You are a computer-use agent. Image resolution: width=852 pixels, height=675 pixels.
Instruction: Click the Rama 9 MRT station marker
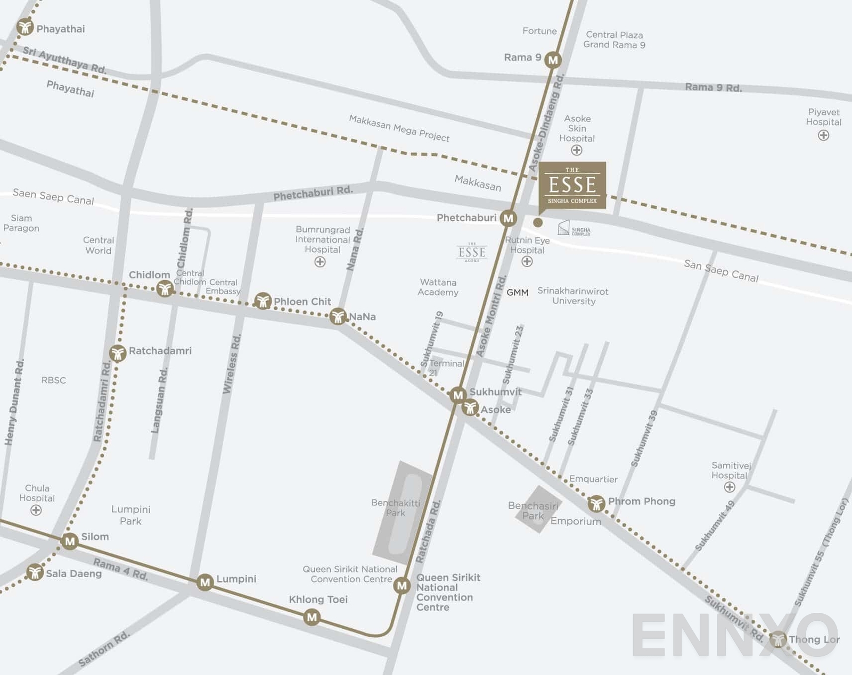553,60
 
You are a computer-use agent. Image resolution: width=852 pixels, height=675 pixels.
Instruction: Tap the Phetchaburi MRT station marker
509,218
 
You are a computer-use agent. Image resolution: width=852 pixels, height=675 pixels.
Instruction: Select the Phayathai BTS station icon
25,27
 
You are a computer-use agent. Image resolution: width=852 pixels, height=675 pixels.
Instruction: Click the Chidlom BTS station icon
165,288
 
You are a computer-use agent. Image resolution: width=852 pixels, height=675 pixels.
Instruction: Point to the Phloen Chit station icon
263,301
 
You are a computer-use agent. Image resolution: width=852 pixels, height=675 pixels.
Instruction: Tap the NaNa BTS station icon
338,316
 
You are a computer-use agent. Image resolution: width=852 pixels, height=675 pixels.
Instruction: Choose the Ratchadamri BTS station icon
118,353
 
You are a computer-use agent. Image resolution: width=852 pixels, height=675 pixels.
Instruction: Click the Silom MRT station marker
70,541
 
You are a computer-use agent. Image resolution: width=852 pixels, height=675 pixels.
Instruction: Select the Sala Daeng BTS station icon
35,572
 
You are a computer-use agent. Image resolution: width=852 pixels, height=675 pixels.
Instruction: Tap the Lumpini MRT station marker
205,582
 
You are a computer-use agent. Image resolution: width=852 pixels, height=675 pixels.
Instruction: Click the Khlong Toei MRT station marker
312,618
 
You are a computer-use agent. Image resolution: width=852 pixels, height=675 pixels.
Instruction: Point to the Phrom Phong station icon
596,503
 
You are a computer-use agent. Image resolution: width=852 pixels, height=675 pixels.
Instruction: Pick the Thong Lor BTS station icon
779,639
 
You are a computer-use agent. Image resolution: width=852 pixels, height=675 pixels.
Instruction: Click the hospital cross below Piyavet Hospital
823,136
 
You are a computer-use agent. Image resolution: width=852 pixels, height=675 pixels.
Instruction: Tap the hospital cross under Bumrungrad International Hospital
320,262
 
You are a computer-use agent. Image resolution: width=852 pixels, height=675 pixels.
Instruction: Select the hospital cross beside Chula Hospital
36,511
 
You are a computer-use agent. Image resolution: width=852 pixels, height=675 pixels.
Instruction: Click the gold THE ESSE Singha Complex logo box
572,185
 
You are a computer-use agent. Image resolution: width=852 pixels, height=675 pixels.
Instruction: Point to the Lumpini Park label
130,515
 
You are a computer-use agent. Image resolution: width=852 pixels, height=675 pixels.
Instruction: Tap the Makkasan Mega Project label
399,128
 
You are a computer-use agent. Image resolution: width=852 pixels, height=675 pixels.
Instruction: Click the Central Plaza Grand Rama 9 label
614,40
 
